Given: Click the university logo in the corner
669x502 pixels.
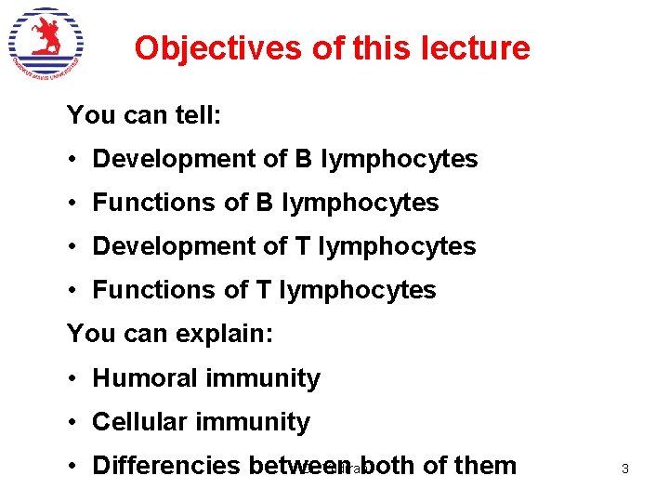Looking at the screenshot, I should click(46, 45).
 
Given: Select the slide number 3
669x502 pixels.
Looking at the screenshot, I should click(624, 469).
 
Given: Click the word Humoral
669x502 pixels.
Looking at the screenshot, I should click(145, 378).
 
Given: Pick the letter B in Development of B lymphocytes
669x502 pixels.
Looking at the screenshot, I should click(304, 159).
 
